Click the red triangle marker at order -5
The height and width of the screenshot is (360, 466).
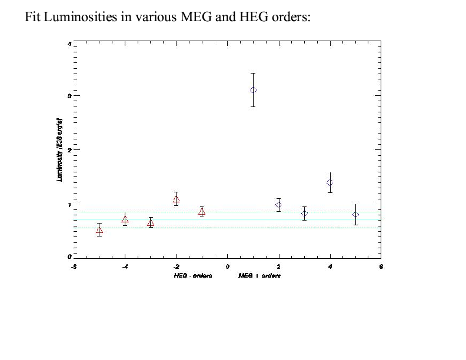click(x=99, y=230)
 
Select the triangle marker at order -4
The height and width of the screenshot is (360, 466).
click(x=125, y=219)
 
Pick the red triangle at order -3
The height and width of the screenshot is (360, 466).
click(x=151, y=223)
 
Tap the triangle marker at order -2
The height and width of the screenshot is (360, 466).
click(x=176, y=199)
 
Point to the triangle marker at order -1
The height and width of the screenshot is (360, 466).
click(x=202, y=212)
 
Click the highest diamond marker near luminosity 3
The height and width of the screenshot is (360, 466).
click(x=253, y=90)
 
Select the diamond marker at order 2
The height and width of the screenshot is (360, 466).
click(x=278, y=205)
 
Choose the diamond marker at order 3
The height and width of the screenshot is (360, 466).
click(x=304, y=214)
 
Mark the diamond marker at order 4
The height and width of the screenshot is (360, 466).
click(x=329, y=182)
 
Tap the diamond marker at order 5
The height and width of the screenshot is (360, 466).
click(x=355, y=215)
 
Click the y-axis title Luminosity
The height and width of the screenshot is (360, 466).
click(x=59, y=149)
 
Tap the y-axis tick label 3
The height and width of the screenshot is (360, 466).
click(x=69, y=95)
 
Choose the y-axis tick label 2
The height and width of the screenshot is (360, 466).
click(x=69, y=150)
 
